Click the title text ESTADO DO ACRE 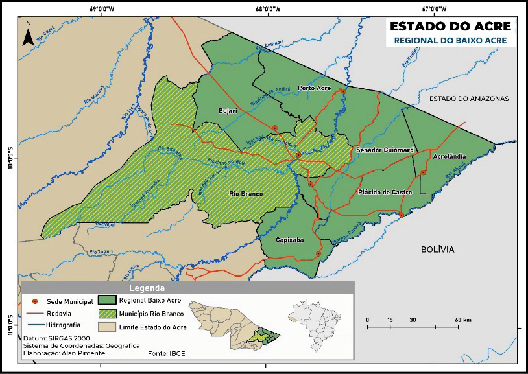(450, 27)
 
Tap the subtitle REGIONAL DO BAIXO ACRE (450, 41)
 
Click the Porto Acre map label (315, 88)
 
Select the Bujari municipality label (229, 111)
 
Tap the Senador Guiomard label (385, 150)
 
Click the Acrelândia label (448, 157)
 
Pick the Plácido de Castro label (385, 193)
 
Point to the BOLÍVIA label (438, 249)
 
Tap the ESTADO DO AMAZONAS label (469, 99)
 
